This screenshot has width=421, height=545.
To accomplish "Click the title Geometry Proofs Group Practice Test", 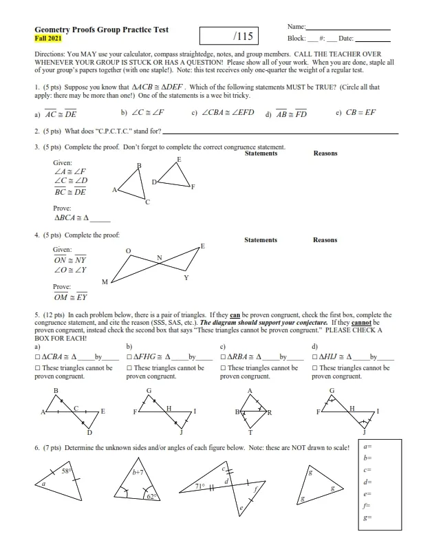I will (x=101, y=30).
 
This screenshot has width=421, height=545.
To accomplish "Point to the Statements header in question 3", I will (x=261, y=153).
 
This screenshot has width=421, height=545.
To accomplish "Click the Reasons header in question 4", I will (x=325, y=240).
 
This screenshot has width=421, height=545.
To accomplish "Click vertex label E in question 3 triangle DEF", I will (x=179, y=159).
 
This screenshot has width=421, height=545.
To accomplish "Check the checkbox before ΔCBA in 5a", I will (x=37, y=357).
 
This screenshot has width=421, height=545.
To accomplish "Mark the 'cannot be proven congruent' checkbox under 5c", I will (x=222, y=368).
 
